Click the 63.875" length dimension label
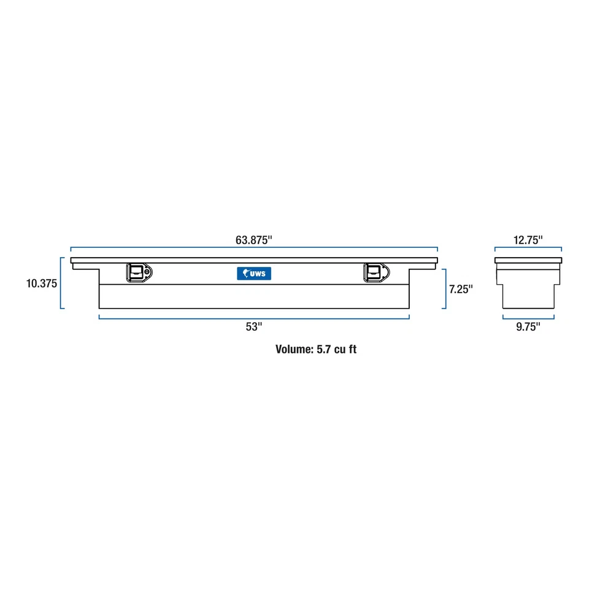[253, 241]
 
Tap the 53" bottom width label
[253, 327]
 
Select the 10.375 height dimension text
[42, 283]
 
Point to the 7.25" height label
[461, 288]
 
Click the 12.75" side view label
[528, 241]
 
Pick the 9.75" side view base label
[528, 327]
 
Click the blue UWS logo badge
[254, 274]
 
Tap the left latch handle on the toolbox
[138, 272]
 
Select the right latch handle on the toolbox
[372, 272]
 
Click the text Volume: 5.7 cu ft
[316, 350]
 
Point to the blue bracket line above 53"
[253, 317]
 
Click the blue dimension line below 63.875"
[253, 248]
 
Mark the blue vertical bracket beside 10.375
[61, 283]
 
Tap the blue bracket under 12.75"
[528, 248]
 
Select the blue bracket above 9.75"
[528, 317]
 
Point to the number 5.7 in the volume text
[324, 350]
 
